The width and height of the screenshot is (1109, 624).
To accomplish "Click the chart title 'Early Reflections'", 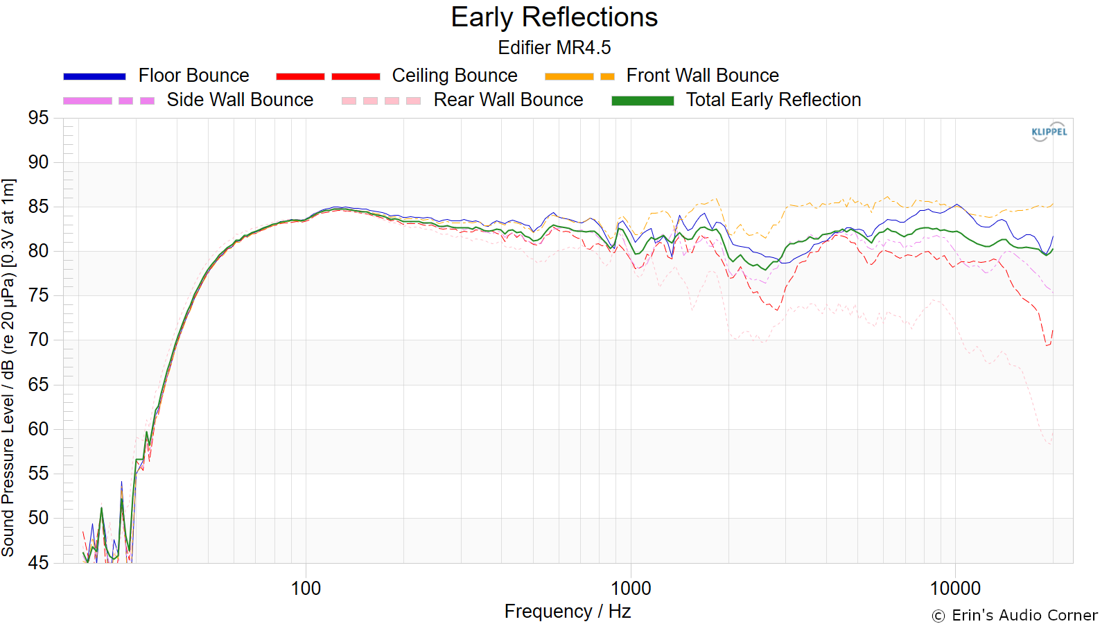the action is (x=554, y=17).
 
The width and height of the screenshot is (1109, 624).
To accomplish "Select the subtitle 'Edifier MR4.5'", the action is (x=554, y=48).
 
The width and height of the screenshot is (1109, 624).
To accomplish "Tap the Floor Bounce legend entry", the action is (x=156, y=76).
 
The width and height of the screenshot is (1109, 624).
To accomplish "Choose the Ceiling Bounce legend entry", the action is (x=396, y=76).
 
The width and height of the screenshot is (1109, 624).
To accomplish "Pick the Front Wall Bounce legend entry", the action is (x=661, y=76).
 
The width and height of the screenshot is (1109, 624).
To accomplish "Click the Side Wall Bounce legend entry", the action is (x=188, y=100).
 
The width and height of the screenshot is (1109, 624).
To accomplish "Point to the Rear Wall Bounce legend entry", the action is (x=462, y=100).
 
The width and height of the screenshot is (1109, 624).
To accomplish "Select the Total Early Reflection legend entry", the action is (x=736, y=100).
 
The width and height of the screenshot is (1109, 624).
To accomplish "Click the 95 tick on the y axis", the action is (x=39, y=118).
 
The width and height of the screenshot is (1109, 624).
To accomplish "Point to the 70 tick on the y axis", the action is (x=39, y=340).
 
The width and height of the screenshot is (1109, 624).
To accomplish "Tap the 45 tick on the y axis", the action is (x=39, y=562).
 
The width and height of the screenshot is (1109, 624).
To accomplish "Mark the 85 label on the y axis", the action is (x=39, y=207).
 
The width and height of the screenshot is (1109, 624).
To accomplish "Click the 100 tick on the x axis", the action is (x=306, y=589).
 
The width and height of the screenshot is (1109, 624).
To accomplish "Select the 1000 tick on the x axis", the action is (x=630, y=589).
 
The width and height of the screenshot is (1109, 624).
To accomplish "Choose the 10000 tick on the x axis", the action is (x=955, y=589).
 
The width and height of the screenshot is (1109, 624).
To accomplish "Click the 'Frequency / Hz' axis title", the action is (x=568, y=612).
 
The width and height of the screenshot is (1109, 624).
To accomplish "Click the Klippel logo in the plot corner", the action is (x=1049, y=132).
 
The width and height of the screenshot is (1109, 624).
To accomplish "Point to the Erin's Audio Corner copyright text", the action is (x=1015, y=616).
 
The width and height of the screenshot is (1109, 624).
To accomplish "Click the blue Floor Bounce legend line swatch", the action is (x=94, y=76).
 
